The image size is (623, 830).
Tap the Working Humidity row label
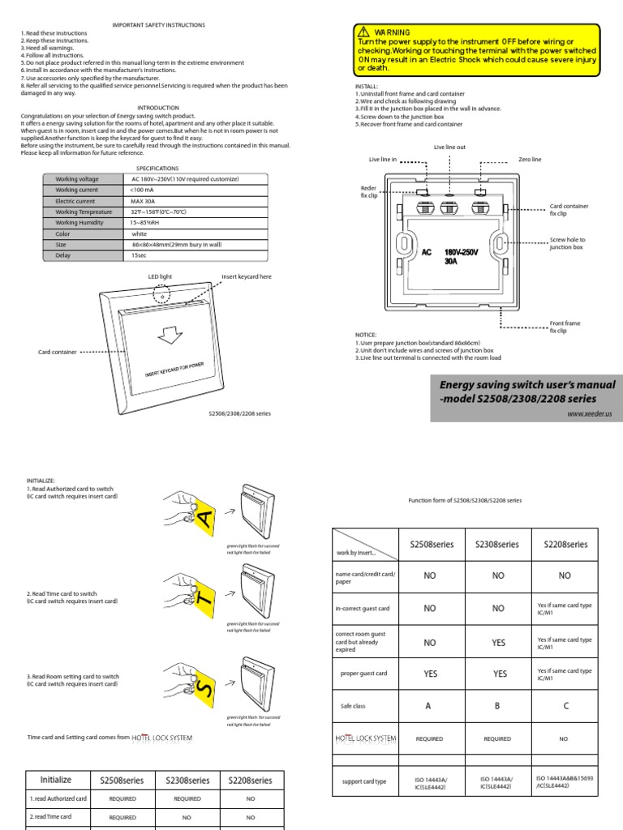(78, 222)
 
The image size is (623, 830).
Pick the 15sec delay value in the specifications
(139, 255)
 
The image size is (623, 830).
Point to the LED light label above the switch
(160, 276)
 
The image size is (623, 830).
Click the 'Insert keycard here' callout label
(247, 276)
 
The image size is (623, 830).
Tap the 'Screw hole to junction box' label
(567, 243)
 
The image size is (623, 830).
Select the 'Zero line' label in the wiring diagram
(530, 160)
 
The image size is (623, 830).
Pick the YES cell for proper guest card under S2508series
(430, 674)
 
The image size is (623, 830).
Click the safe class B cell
(497, 706)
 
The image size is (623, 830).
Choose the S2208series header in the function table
(565, 545)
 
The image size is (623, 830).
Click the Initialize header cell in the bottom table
(56, 780)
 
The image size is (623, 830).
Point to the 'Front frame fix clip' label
(565, 327)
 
